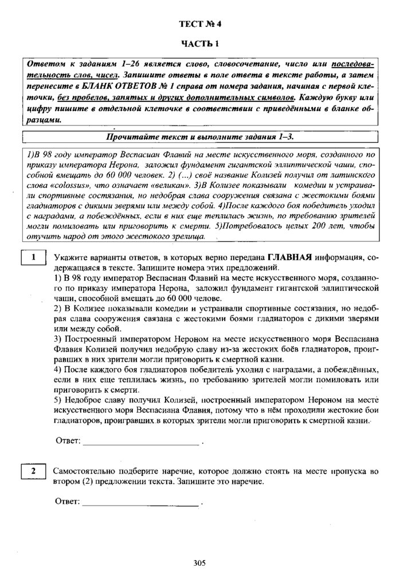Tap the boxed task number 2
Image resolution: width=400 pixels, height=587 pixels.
click(x=34, y=471)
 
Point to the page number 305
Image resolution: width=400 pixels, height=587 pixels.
click(x=199, y=563)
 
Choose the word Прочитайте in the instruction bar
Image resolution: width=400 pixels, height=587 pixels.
click(x=131, y=138)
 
